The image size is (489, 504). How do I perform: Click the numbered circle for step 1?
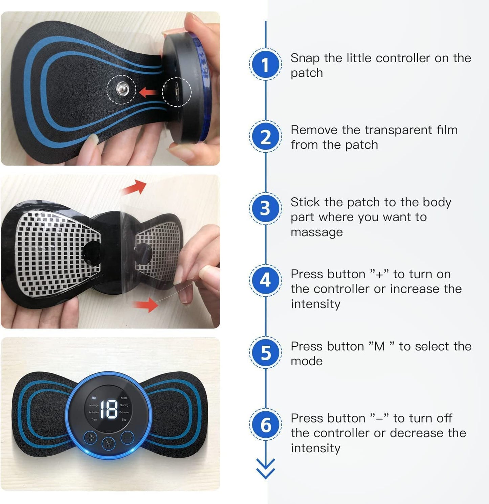[x=265, y=64]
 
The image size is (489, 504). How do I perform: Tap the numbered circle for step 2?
[x=265, y=137]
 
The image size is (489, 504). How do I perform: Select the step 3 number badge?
[x=265, y=208]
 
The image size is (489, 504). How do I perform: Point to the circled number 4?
[x=265, y=280]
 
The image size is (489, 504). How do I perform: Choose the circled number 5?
[x=265, y=352]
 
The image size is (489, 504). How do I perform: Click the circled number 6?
[x=265, y=425]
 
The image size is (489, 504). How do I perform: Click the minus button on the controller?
[x=128, y=438]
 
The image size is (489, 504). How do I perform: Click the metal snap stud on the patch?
[x=122, y=90]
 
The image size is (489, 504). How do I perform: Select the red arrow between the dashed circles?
[x=148, y=91]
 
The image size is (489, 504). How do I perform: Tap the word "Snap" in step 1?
[x=305, y=58]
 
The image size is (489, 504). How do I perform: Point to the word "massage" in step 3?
[x=316, y=232]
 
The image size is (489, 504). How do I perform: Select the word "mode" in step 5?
[x=307, y=361]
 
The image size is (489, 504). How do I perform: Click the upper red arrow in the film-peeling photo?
[x=135, y=187]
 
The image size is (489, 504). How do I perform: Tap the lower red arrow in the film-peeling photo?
[x=146, y=304]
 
